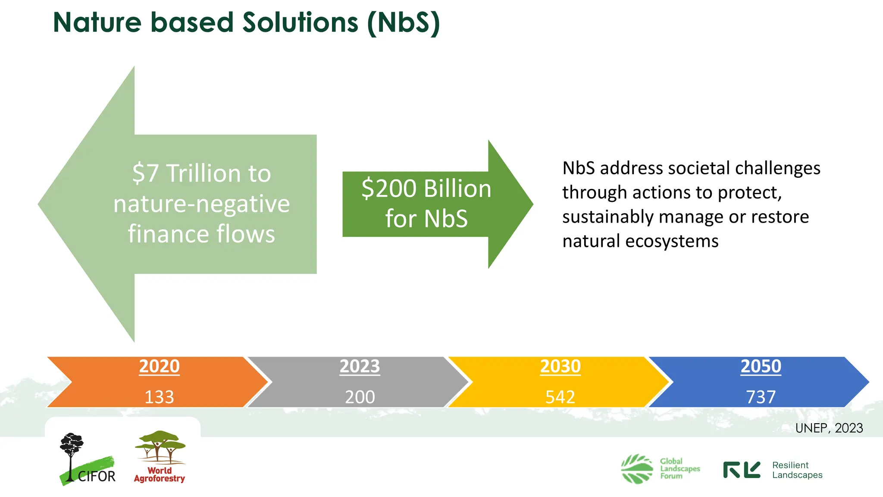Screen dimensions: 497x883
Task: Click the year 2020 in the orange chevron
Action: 159,366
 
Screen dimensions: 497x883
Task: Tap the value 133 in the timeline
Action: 159,397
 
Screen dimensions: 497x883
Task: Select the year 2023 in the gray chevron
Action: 360,366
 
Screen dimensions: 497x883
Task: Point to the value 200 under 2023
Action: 360,397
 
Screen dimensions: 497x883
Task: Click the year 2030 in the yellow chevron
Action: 560,366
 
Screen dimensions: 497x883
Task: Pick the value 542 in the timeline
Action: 560,397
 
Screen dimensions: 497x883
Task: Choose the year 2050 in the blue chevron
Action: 761,366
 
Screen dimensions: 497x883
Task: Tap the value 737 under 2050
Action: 761,397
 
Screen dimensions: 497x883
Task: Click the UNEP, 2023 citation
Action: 829,428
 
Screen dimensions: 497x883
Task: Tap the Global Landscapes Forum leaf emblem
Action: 637,469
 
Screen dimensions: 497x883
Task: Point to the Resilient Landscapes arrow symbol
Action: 742,470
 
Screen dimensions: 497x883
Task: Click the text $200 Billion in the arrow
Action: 426,189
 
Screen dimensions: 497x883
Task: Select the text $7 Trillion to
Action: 201,173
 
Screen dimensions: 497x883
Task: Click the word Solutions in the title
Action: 300,22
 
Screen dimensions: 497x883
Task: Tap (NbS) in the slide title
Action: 404,22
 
